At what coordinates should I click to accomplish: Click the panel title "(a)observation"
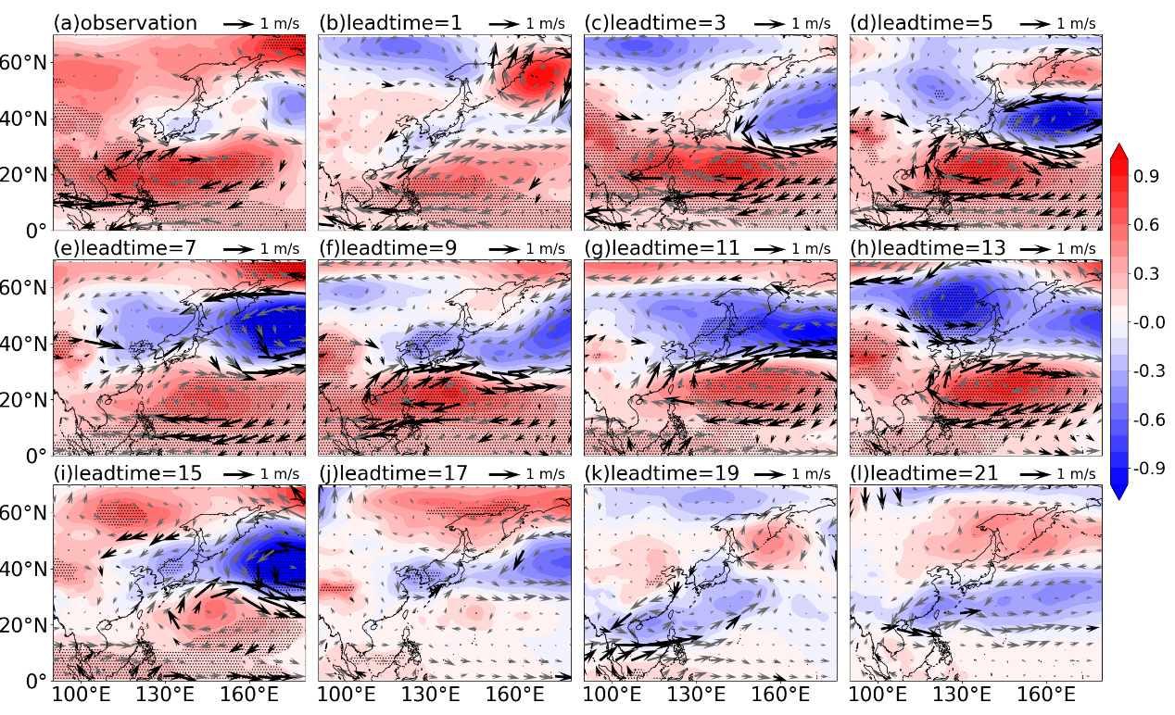[x=125, y=23]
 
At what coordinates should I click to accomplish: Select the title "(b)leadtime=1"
[x=391, y=23]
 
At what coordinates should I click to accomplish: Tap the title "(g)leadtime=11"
[x=662, y=248]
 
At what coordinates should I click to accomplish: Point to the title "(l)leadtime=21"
[x=924, y=473]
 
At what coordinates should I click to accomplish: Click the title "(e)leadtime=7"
[x=125, y=248]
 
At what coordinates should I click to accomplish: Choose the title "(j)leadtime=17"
[x=393, y=473]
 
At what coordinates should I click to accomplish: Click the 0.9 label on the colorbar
[x=1146, y=176]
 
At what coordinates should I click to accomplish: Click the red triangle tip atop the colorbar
[x=1118, y=144]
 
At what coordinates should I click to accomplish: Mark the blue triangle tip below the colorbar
[x=1118, y=499]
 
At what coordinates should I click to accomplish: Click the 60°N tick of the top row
[x=23, y=63]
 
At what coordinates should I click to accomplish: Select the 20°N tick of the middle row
[x=23, y=400]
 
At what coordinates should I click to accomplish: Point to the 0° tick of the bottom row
[x=36, y=681]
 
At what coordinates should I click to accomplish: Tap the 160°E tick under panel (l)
[x=1046, y=696]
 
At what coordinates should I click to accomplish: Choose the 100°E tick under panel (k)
[x=613, y=696]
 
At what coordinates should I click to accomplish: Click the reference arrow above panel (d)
[x=1035, y=24]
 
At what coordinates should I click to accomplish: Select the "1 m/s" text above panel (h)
[x=1076, y=249]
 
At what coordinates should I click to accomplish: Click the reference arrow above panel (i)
[x=239, y=474]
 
